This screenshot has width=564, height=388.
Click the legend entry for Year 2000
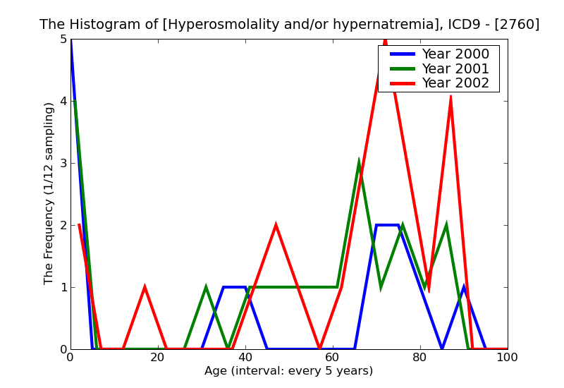(x=455, y=54)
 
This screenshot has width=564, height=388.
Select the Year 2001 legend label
(x=455, y=68)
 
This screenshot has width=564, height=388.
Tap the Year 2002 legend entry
(x=455, y=83)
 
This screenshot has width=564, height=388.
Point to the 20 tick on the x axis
(x=157, y=358)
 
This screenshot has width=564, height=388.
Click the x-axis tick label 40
(x=245, y=358)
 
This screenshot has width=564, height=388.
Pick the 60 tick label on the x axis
(x=332, y=358)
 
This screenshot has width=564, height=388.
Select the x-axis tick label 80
(x=419, y=358)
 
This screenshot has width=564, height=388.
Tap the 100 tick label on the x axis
(x=506, y=358)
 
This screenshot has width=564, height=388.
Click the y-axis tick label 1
(x=63, y=288)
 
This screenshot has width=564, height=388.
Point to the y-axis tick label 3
(x=63, y=164)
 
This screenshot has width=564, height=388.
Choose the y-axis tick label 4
(x=63, y=102)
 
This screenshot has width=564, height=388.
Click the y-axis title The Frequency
(x=49, y=193)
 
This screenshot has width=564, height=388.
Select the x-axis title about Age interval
(x=288, y=371)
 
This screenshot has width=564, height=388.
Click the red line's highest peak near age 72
(x=385, y=40)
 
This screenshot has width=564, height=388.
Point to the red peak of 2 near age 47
(x=276, y=225)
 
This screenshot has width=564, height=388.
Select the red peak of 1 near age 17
(x=145, y=287)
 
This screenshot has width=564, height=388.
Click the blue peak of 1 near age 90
(x=463, y=287)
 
